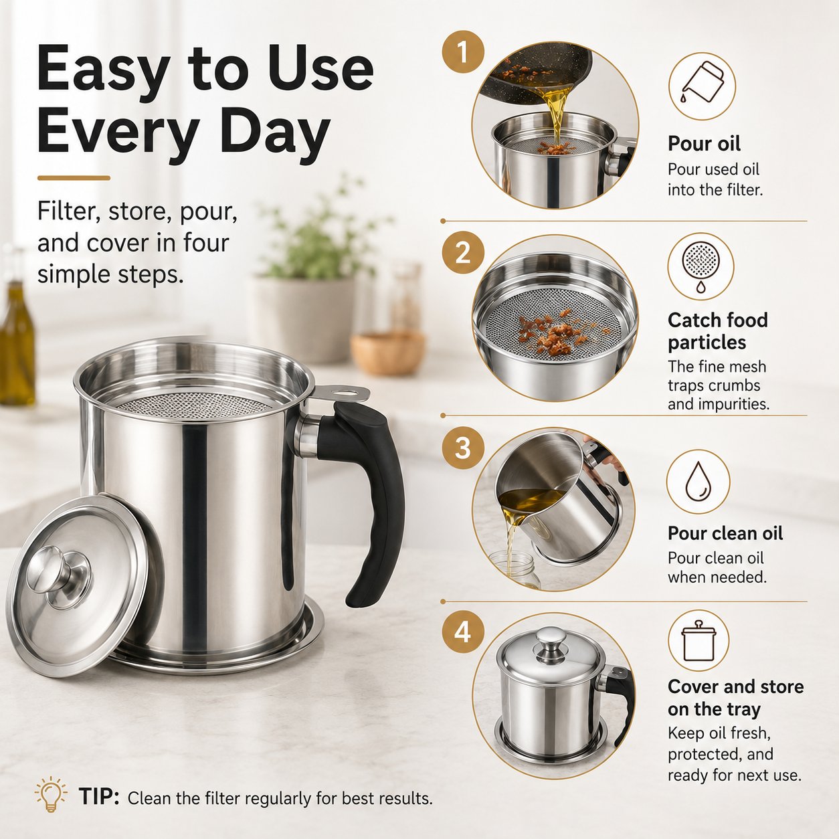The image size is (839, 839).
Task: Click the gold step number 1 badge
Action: [463, 52]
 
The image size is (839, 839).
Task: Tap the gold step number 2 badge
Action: [463, 253]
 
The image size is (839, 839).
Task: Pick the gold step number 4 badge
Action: [463, 632]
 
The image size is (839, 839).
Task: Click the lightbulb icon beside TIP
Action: [51, 796]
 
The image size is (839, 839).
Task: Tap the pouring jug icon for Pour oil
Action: [702, 86]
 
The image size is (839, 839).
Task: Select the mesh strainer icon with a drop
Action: [701, 266]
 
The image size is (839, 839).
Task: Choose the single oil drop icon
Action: [698, 482]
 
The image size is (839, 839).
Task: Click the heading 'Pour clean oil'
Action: [725, 533]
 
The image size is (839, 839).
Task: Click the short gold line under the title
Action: [74, 178]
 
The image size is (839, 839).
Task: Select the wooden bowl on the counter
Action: [387, 353]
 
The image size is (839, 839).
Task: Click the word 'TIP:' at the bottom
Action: [99, 796]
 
